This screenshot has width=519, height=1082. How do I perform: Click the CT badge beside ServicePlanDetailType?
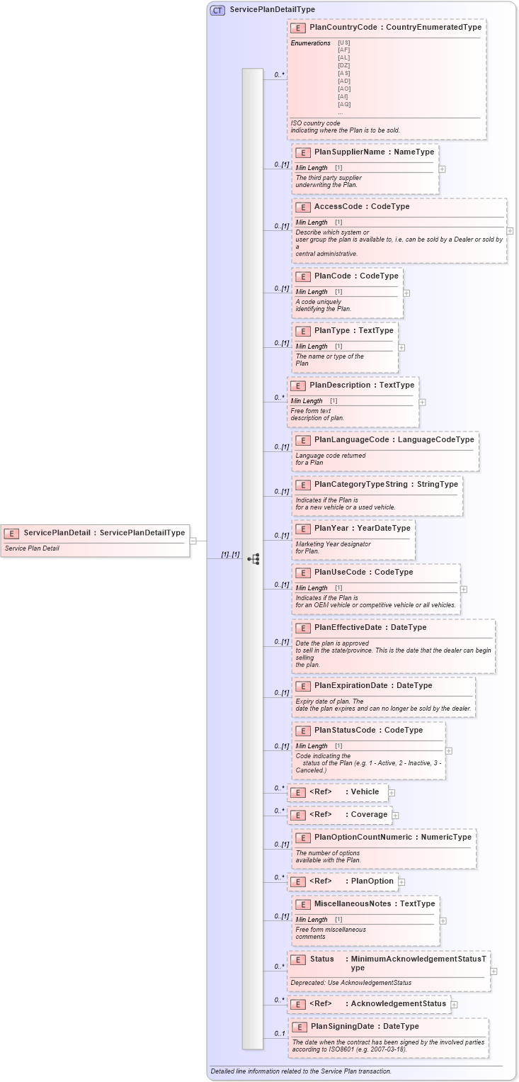point(217,10)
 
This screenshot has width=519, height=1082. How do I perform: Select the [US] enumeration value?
point(344,43)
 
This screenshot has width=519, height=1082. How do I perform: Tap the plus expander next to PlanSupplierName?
point(442,169)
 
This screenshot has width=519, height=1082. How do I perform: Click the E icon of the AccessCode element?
point(302,207)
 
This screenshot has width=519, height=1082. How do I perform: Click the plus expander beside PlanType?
point(401,348)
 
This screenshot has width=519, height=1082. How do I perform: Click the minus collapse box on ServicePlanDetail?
point(193,541)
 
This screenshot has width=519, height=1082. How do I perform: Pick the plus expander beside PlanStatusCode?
point(449,750)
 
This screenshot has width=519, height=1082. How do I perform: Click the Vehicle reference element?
point(365,792)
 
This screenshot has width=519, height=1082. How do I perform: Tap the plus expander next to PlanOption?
point(401,882)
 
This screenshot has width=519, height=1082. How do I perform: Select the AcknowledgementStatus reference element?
point(398,1004)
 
